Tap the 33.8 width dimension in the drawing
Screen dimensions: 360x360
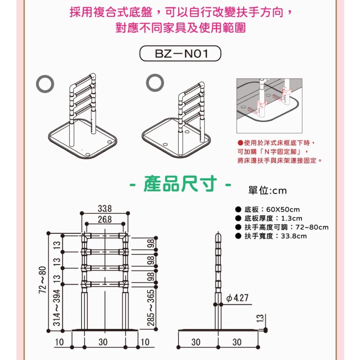click(105, 208)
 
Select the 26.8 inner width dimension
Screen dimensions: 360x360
click(105, 219)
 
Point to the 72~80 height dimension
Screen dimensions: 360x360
click(43, 280)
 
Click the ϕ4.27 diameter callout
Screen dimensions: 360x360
click(237, 298)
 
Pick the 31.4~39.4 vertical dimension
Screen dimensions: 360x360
click(57, 308)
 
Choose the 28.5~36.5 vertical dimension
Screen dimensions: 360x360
click(151, 308)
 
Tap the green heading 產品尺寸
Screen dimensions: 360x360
click(180, 184)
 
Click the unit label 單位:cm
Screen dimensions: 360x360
click(267, 191)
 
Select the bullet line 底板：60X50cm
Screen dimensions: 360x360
click(268, 209)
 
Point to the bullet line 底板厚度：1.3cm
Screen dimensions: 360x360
click(269, 218)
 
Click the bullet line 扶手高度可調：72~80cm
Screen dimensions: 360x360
click(282, 228)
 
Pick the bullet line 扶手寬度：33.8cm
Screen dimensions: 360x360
click(271, 236)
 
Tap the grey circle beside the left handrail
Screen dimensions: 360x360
click(45, 84)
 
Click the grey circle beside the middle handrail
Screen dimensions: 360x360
click(155, 83)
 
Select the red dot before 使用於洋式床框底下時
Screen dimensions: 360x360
click(240, 143)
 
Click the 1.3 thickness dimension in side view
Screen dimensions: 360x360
click(260, 318)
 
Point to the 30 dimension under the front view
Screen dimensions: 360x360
click(103, 342)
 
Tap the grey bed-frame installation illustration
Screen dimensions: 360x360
click(269, 106)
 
